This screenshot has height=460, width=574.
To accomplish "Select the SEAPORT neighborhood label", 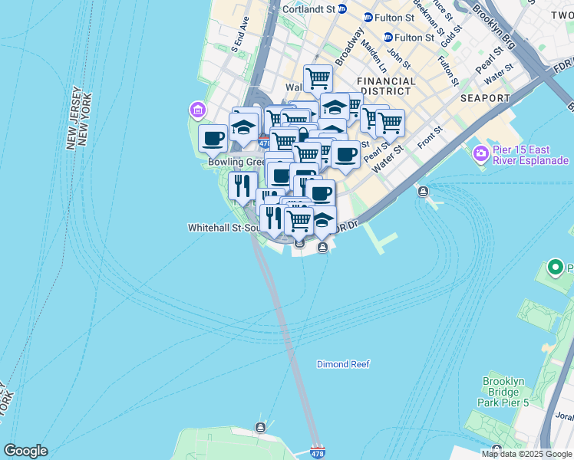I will coord(485,98).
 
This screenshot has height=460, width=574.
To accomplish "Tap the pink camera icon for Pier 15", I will coord(481,154).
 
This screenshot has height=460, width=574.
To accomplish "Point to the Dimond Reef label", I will coord(343,364).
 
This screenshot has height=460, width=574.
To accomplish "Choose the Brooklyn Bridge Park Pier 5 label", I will coord(505,391).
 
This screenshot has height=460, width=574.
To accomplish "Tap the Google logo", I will coord(25,451).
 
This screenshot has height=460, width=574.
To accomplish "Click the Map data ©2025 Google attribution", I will coord(527,454).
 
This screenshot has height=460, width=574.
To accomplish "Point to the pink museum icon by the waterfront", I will coord(198,110).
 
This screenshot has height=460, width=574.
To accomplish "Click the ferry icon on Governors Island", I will coord(261,427).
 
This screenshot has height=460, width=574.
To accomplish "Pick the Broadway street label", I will coord(354,48).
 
